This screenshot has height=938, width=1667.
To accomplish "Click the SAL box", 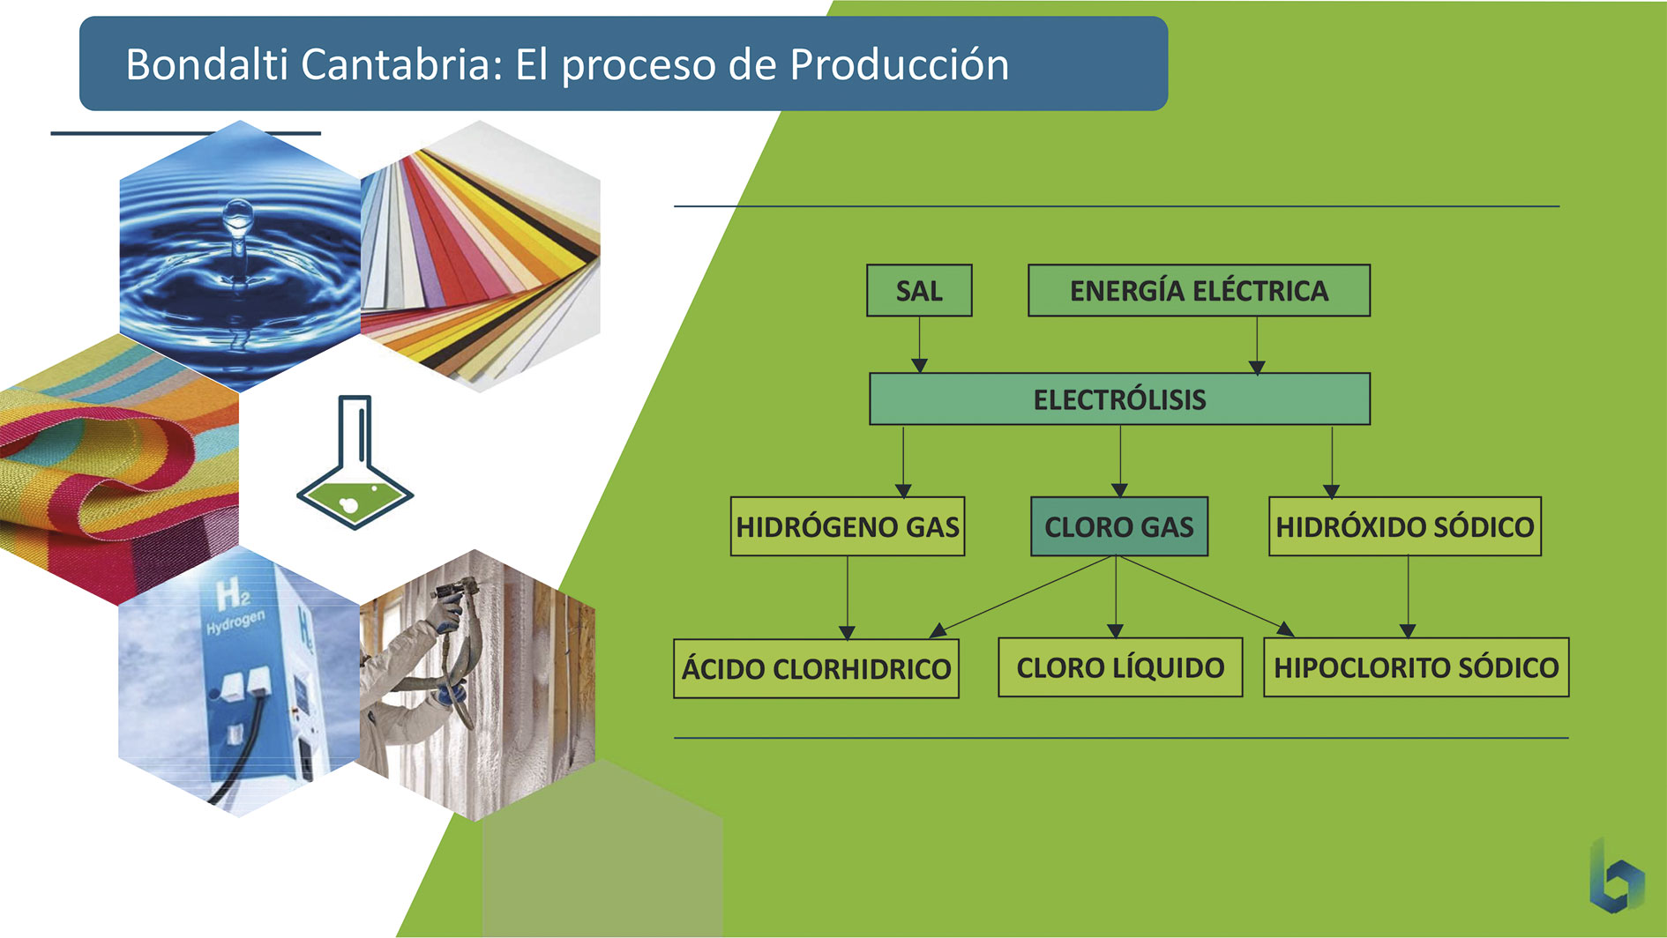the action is pyautogui.click(x=919, y=290).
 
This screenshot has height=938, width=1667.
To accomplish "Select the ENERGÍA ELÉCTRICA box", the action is pyautogui.click(x=1199, y=290).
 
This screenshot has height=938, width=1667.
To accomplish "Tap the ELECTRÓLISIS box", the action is pyautogui.click(x=1119, y=399).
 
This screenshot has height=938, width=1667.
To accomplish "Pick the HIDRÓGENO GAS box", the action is pyautogui.click(x=848, y=526).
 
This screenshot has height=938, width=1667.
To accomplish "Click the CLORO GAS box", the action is pyautogui.click(x=1118, y=526).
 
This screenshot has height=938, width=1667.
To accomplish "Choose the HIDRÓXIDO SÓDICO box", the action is pyautogui.click(x=1404, y=526).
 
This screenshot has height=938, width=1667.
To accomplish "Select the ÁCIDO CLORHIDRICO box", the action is pyautogui.click(x=816, y=668).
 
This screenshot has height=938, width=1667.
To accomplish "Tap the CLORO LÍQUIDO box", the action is pyautogui.click(x=1120, y=667).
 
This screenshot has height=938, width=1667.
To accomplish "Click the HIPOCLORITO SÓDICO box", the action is pyautogui.click(x=1416, y=667).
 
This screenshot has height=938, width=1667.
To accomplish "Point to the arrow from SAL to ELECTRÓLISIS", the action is pyautogui.click(x=919, y=345).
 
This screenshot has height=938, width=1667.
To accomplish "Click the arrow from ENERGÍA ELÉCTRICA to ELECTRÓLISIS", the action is pyautogui.click(x=1257, y=345).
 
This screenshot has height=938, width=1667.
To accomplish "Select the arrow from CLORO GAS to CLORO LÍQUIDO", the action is pyautogui.click(x=1116, y=597).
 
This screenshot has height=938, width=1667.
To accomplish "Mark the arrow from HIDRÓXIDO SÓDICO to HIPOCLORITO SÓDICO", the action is pyautogui.click(x=1408, y=597).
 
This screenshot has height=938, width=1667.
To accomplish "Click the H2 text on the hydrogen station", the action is pyautogui.click(x=232, y=595).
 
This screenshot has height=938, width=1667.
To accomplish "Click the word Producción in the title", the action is pyautogui.click(x=899, y=64).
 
